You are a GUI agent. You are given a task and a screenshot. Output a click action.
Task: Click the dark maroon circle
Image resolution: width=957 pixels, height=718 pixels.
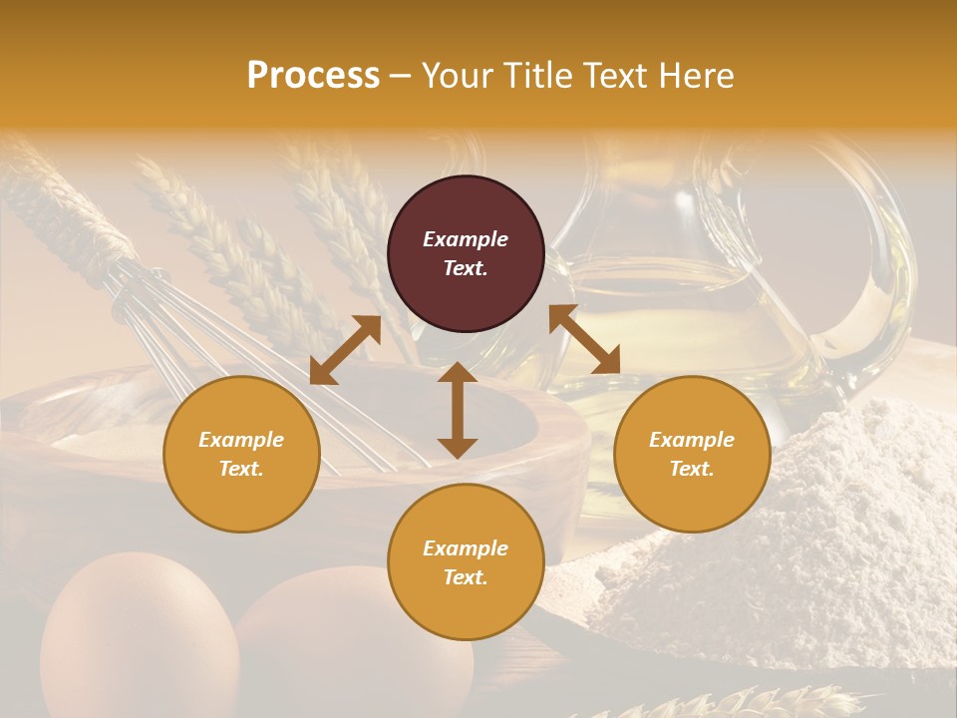point(466,254)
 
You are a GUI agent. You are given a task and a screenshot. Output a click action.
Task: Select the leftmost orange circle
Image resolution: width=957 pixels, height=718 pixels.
point(241,455)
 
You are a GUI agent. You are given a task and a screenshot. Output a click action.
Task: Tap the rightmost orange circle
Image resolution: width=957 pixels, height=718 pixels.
point(692,455)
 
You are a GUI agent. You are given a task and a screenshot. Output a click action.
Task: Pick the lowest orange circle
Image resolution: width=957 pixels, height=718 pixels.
point(466,562)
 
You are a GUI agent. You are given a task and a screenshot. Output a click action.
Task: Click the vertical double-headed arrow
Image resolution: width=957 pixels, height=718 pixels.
point(457,410)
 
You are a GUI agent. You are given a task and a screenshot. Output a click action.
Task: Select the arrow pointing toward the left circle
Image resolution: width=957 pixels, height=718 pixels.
point(345,350)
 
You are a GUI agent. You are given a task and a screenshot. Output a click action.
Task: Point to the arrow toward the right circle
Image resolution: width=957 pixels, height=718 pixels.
point(584,339)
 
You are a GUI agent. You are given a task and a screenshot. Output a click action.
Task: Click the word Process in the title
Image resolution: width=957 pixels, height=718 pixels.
point(313,76)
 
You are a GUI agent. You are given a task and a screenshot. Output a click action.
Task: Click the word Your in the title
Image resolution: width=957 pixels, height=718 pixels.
point(459,76)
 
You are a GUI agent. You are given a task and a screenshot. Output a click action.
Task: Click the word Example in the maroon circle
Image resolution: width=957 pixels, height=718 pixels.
point(466,239)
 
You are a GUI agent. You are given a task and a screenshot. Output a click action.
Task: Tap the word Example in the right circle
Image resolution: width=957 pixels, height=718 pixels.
point(692,440)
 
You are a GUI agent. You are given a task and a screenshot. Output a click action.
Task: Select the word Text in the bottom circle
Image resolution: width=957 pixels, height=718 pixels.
point(464,577)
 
